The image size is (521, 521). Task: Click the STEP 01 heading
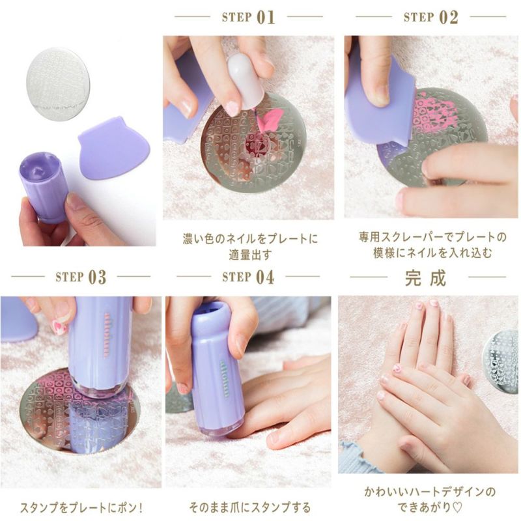tap(249, 17)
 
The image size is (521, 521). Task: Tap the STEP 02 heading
tap(430, 17)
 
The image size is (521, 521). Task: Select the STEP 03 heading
tap(81, 277)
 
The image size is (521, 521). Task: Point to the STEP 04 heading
tap(249, 277)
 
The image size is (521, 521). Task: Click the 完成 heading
tap(426, 278)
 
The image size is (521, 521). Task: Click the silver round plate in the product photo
tap(58, 84)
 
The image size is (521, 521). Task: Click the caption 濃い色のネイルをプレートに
tap(250, 239)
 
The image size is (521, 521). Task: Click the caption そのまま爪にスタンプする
tap(250, 507)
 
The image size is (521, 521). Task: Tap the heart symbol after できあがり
tap(457, 507)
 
